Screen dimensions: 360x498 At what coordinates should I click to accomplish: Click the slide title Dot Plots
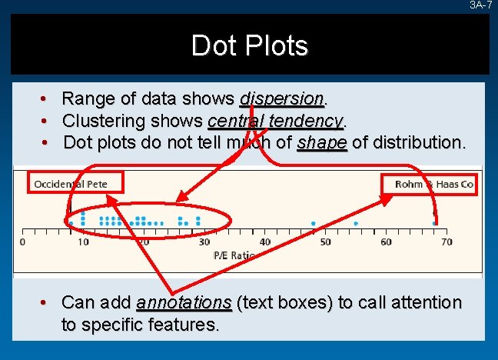coord(250,46)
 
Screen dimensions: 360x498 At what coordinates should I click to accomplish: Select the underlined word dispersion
coord(283,98)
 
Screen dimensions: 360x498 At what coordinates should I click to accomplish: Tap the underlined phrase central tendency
coord(276,121)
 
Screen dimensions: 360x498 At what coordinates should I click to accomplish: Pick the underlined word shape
coord(322,142)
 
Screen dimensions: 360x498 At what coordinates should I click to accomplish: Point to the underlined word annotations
coord(184,302)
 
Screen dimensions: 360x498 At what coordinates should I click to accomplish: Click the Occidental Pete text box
coord(70,184)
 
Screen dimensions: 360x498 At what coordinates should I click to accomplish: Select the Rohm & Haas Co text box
coord(433,184)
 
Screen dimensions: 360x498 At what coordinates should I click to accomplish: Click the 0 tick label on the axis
coord(22,242)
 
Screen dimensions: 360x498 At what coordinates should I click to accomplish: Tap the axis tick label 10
coord(83,242)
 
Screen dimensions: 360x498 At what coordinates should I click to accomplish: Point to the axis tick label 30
coord(204,242)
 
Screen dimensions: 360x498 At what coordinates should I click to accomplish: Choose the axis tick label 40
coord(264,242)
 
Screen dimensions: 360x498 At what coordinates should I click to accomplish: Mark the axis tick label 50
coord(325,242)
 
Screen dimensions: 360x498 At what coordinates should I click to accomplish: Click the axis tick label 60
coord(386,242)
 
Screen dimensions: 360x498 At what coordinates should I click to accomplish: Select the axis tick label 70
coord(446,242)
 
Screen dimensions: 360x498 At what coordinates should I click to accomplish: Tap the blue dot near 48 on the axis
coord(314,223)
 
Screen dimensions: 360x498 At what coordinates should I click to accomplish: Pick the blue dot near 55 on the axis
coord(356,223)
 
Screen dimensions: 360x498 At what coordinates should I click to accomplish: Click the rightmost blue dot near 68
coord(435,223)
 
